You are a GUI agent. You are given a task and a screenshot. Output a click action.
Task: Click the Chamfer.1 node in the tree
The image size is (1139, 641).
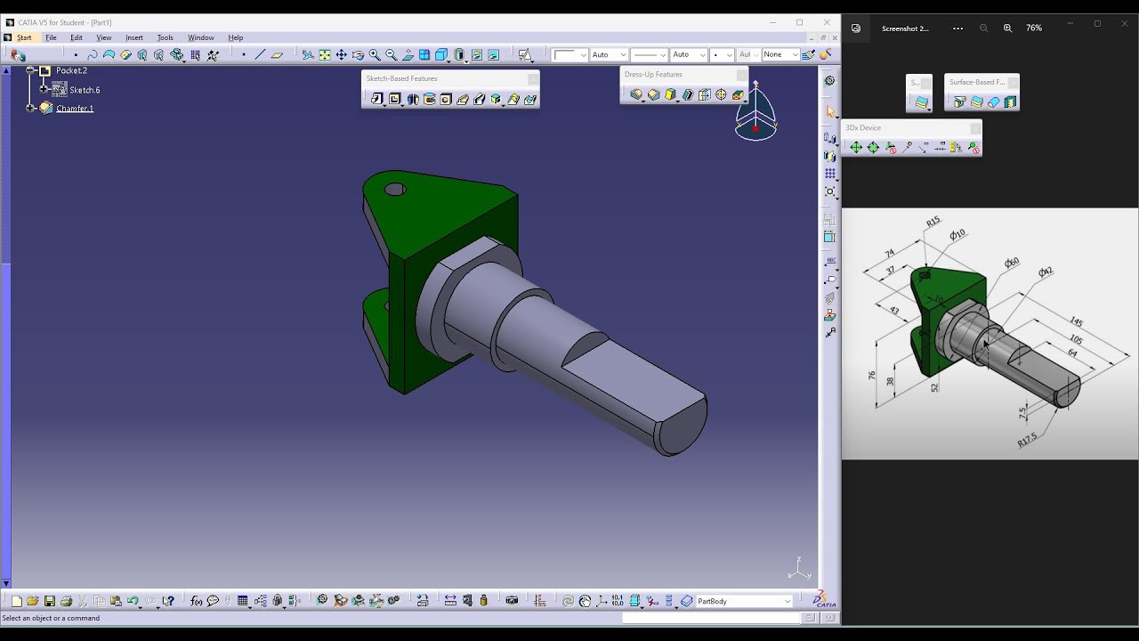75,109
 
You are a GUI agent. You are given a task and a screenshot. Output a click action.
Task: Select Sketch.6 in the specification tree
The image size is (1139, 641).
85,90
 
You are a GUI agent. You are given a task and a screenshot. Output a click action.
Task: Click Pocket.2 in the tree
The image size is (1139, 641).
71,70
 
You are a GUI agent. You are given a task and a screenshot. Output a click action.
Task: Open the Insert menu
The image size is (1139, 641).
134,37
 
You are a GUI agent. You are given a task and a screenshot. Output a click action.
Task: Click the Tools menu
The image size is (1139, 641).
165,37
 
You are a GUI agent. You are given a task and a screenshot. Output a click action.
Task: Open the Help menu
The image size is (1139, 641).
235,37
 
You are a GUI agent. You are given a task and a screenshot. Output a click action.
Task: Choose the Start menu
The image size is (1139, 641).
24,37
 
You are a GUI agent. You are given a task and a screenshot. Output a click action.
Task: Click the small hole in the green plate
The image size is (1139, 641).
395,189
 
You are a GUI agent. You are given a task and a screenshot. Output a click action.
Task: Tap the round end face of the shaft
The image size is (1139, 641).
682,427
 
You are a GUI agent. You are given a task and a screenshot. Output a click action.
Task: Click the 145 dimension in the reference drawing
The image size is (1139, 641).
1076,322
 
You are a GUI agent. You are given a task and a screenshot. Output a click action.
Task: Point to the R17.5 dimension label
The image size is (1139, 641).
1027,439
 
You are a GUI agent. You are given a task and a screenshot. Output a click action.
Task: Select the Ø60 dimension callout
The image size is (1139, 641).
1012,263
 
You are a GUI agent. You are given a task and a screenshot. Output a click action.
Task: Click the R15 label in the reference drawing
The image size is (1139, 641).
933,222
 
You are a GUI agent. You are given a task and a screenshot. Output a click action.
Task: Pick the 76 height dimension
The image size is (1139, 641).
871,376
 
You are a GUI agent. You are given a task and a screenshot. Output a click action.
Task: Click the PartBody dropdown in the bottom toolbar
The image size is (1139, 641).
744,601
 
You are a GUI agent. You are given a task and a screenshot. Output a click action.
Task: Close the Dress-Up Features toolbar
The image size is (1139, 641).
741,75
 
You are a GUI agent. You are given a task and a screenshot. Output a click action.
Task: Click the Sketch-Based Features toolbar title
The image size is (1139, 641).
402,78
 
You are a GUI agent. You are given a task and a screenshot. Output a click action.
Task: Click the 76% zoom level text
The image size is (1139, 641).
1034,28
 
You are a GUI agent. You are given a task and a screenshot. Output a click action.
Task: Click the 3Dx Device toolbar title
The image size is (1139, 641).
863,128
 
